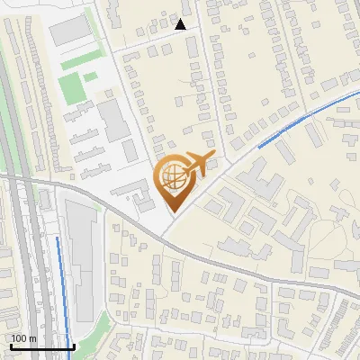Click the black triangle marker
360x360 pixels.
[x=181, y=25]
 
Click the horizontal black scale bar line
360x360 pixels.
[x=41, y=346]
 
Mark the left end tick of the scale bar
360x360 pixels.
[x=10, y=345]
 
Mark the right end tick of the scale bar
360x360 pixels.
[x=74, y=345]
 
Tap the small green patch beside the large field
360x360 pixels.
[x=91, y=76]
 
